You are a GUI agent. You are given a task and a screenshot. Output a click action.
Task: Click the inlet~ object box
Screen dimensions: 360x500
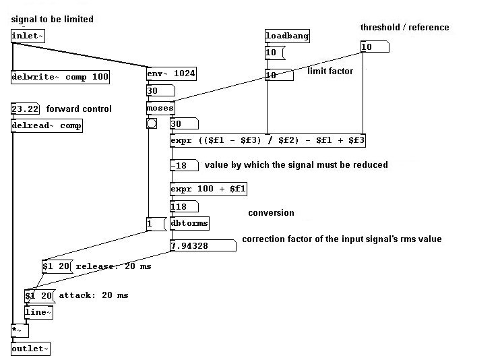28,36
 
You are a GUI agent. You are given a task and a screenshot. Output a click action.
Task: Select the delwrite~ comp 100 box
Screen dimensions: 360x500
60,77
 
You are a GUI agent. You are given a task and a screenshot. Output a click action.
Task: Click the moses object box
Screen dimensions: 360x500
160,108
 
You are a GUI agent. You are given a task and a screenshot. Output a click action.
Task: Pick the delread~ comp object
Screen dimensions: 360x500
46,125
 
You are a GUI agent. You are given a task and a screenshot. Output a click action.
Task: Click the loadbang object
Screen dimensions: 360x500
287,36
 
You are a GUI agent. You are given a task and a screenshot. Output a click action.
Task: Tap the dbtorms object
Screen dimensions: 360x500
189,223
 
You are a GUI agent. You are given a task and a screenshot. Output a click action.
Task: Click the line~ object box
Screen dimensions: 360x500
38,312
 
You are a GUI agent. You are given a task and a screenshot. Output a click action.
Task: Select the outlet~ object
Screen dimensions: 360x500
30,349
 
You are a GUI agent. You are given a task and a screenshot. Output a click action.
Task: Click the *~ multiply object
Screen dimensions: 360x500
19,330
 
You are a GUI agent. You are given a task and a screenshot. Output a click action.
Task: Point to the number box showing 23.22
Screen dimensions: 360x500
26,109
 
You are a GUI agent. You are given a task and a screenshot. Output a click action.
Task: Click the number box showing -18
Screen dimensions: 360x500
184,165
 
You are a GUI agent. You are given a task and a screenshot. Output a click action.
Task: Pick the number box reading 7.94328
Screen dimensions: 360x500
202,245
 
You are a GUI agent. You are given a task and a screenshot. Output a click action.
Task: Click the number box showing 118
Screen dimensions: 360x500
184,206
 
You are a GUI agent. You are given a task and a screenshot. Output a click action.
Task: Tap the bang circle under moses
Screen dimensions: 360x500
152,123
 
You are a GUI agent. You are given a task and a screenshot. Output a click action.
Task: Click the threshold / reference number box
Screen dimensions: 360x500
375,47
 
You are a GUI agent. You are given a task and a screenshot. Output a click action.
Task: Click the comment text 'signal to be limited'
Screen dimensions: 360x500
52,20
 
